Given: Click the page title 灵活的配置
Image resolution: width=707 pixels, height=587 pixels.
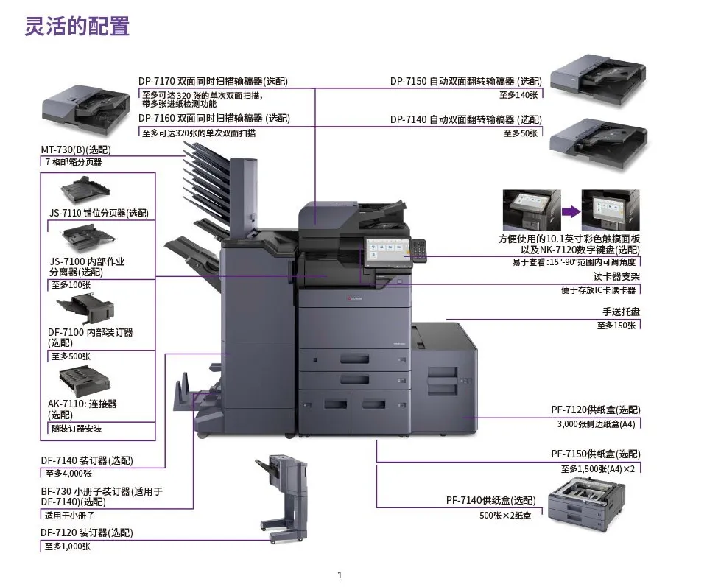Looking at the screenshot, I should coord(77,27).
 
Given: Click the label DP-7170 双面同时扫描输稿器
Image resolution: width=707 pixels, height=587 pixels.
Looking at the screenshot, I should coord(214,82).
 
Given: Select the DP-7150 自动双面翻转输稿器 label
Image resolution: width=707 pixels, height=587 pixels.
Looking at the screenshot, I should coord(465,82).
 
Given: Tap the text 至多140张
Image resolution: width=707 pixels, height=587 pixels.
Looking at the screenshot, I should coord(519,94).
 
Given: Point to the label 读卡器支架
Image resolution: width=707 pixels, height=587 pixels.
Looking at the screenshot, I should coord(616,277).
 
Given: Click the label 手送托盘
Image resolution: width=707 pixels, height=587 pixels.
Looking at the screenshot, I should coord(621,312).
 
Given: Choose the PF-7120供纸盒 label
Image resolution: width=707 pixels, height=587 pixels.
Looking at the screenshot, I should coord(595,410).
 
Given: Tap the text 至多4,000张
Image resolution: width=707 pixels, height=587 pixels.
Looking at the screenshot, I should coord(68,474).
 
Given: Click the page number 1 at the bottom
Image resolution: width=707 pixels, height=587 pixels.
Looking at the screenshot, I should coord(340,574).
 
